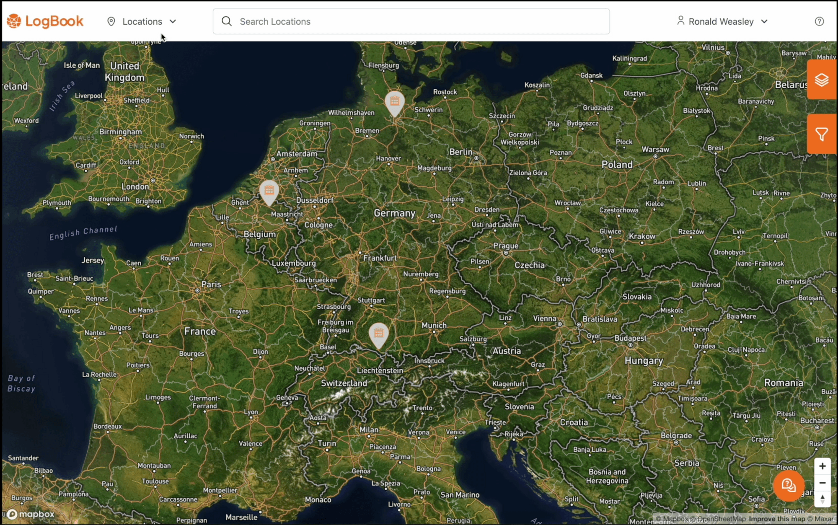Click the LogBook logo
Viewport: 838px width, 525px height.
(45, 21)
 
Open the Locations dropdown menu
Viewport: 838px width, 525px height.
(142, 21)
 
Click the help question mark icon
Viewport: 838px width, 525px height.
(819, 21)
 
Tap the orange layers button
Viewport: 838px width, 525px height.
(821, 80)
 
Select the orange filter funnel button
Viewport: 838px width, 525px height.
(821, 134)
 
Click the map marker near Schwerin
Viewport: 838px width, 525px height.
(394, 102)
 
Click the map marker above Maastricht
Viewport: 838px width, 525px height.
(269, 191)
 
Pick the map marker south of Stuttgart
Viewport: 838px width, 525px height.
(378, 334)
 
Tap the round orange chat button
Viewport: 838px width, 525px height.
(789, 485)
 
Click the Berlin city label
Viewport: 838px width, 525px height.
(460, 152)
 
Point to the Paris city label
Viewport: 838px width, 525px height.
(211, 284)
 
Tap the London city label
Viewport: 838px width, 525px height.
(135, 186)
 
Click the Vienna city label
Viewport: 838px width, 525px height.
(544, 318)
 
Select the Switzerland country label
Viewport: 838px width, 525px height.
(344, 383)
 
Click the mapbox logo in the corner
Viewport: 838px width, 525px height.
(31, 514)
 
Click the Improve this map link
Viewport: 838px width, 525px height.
(777, 519)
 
